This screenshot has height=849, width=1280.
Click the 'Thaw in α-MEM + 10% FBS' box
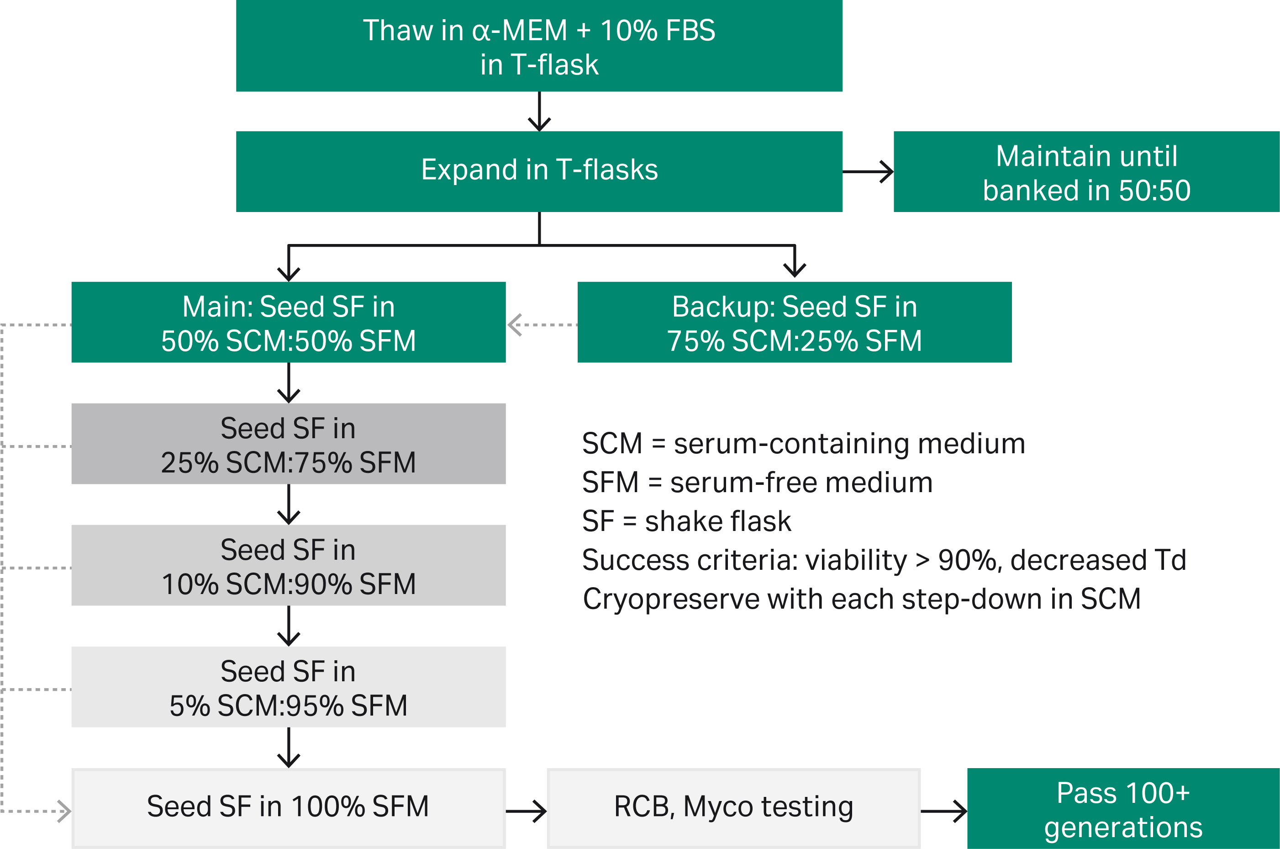[x=539, y=46]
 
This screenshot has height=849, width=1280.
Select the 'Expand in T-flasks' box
[x=539, y=171]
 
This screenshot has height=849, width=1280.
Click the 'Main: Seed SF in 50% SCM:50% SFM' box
[x=288, y=322]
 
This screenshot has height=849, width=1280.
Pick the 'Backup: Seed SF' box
[x=794, y=322]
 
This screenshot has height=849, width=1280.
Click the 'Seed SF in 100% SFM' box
[x=288, y=807]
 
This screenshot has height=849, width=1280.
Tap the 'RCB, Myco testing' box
[x=733, y=807]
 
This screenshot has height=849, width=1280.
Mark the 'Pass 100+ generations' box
[x=1122, y=808]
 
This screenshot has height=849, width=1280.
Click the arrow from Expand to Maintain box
[x=868, y=172]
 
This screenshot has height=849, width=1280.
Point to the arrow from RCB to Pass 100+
[x=943, y=811]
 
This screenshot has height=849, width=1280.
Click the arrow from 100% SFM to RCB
[x=526, y=811]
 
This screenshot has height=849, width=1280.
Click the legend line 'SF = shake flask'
[x=686, y=521]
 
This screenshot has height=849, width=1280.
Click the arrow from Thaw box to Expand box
[x=539, y=111]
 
